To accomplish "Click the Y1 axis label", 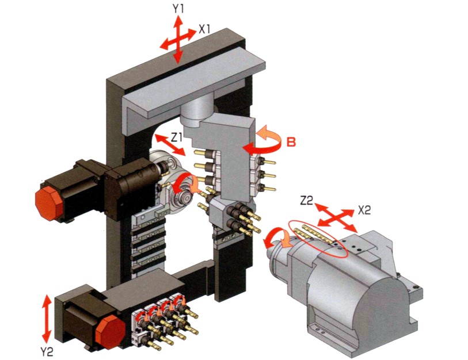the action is click(x=178, y=9).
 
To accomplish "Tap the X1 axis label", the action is click(x=205, y=29).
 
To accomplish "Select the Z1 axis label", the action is click(x=176, y=138).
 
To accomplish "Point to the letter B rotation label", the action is click(x=291, y=142).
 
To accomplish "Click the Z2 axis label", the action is click(x=306, y=201).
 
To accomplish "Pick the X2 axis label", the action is click(x=364, y=210).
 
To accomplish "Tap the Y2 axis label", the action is click(x=47, y=353).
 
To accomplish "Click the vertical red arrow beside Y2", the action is click(x=46, y=319).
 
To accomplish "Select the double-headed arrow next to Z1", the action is click(x=170, y=145).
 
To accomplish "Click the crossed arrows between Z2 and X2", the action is click(x=336, y=218).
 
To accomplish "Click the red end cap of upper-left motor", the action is click(x=49, y=204).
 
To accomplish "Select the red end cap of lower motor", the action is click(x=111, y=332).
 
